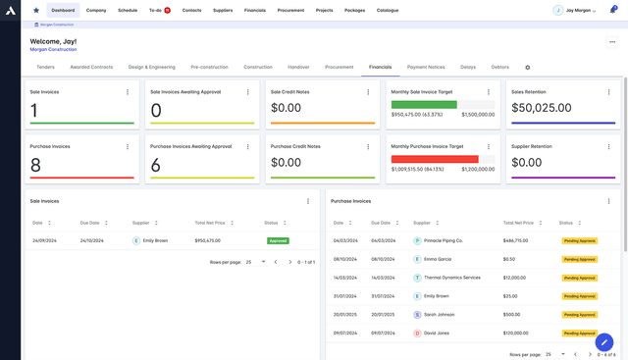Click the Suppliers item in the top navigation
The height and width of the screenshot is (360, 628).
223,10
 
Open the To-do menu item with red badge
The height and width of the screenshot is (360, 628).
159,10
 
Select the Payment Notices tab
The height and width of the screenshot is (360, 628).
425,67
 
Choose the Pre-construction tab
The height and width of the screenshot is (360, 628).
208,67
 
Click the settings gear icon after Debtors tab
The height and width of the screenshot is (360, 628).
527,68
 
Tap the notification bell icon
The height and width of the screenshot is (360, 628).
613,10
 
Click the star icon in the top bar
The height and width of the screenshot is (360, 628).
36,10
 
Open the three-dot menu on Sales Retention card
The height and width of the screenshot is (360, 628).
612,91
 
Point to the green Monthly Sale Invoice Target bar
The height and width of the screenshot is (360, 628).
423,104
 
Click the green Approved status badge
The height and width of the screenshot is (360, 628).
278,240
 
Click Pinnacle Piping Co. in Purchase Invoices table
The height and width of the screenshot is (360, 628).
444,240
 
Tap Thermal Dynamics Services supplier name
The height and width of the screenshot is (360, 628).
451,278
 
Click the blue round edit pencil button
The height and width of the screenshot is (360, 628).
604,342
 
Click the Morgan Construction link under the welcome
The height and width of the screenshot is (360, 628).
53,49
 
